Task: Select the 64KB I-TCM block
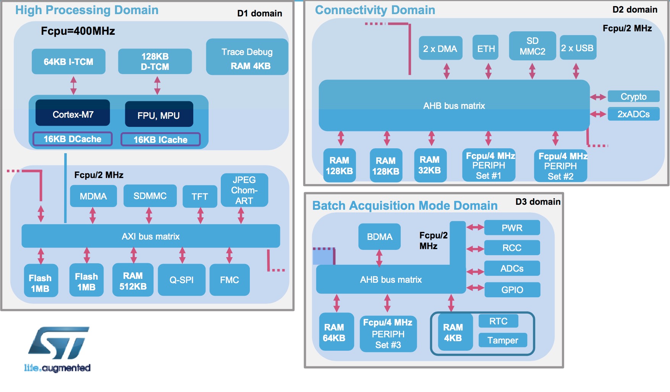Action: point(68,62)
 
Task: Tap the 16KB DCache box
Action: point(73,139)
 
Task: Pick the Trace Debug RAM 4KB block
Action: point(247,57)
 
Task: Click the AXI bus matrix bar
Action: point(151,236)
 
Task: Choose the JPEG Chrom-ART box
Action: point(244,190)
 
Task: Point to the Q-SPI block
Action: point(181,280)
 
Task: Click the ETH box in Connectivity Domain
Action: point(486,48)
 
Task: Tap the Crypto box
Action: point(633,96)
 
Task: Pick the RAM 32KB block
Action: point(430,165)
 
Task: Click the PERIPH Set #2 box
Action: point(560,166)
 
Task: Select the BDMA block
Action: point(379,237)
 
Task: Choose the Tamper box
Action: point(503,340)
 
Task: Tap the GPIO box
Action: point(512,290)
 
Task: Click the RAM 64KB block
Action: point(334,332)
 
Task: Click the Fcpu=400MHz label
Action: point(78,31)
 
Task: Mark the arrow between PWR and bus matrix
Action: point(475,227)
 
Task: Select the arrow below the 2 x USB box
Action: point(576,71)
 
